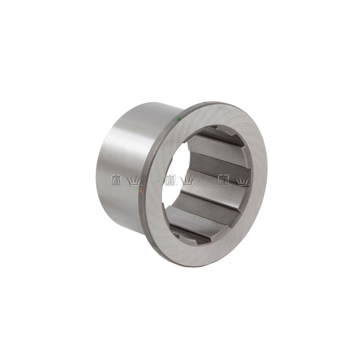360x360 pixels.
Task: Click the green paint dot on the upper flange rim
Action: [x=176, y=118]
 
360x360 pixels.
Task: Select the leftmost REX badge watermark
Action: [x=116, y=180]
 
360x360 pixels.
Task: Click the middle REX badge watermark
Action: [x=170, y=180]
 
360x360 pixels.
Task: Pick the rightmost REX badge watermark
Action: [x=224, y=180]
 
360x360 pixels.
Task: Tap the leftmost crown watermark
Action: [x=134, y=181]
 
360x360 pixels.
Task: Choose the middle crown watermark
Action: [x=188, y=181]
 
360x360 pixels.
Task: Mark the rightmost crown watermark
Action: [x=242, y=181]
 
